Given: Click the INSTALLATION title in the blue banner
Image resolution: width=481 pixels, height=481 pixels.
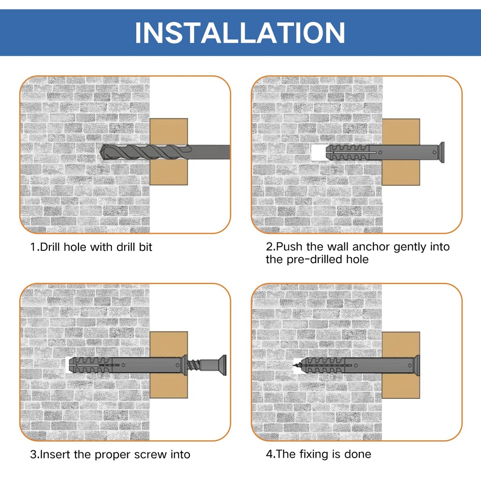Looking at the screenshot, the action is [240, 32].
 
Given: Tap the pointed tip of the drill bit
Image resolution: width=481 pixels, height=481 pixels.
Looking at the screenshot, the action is [101, 152].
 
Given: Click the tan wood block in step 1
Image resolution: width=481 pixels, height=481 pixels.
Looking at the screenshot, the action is [169, 152].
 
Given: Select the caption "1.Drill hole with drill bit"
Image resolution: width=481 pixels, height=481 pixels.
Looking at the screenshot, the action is [91, 247].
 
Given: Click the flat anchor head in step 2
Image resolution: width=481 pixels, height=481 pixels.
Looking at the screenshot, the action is [441, 152].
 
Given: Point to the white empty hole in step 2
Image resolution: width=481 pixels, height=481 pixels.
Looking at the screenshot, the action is [318, 153].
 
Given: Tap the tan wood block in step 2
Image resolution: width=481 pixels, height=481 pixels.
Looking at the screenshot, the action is [401, 152].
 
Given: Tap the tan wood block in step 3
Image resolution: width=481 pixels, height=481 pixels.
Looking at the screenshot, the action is [169, 365].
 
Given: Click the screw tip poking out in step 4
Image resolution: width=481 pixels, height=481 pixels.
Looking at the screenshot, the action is [297, 365].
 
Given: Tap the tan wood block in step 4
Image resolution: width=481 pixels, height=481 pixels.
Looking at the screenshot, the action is [401, 365].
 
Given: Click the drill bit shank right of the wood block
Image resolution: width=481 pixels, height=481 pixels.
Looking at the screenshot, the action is [209, 152].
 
